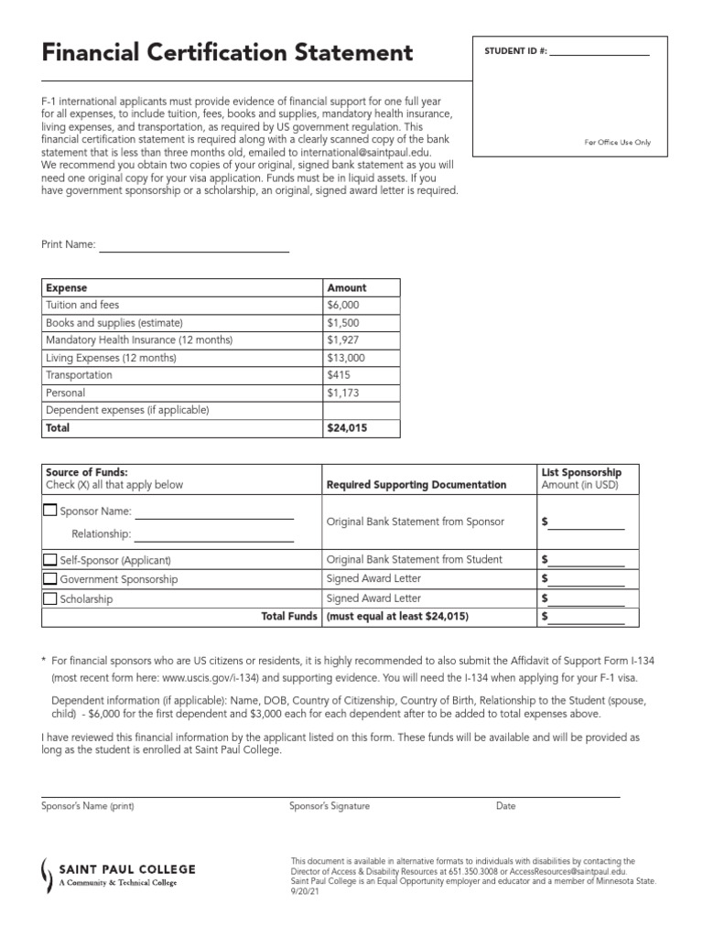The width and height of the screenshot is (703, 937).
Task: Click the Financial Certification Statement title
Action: [x=227, y=53]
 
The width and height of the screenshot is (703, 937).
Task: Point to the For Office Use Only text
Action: [x=617, y=143]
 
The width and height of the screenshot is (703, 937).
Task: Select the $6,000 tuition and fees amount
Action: [x=343, y=305]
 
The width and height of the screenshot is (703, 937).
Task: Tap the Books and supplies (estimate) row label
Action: [x=114, y=322]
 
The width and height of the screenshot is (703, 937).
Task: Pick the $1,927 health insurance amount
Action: [x=343, y=340]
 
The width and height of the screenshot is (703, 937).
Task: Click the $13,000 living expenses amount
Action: [x=346, y=358]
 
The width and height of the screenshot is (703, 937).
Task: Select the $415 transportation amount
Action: [x=339, y=375]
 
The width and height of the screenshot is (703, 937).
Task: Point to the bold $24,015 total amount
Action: [x=349, y=427]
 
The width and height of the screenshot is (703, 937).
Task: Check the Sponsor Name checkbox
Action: [x=49, y=510]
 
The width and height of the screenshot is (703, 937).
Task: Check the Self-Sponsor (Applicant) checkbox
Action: [x=49, y=559]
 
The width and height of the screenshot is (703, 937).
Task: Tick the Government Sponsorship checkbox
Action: [x=49, y=578]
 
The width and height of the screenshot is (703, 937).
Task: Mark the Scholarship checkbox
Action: [x=49, y=598]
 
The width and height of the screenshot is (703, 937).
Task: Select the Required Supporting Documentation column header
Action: [x=416, y=485]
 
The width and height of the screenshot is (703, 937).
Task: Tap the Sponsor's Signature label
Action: [x=330, y=806]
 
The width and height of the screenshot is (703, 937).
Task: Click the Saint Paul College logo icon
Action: [x=49, y=876]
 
